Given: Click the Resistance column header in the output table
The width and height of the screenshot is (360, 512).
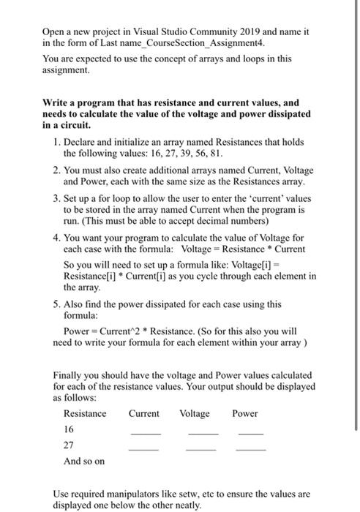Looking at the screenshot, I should [x=85, y=413].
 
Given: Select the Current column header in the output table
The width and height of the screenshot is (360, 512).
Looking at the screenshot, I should [x=143, y=413].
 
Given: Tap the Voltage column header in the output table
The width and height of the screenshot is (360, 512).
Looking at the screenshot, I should [x=195, y=413].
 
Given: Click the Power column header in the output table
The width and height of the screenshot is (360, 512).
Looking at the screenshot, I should [x=244, y=413].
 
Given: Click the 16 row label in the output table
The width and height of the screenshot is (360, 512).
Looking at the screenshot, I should [x=70, y=429].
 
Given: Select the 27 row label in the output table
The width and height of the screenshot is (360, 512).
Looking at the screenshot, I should [x=70, y=445].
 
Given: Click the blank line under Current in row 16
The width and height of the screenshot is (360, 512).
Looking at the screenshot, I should [x=144, y=434].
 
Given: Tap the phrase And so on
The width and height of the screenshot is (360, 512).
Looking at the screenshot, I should [x=84, y=461].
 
